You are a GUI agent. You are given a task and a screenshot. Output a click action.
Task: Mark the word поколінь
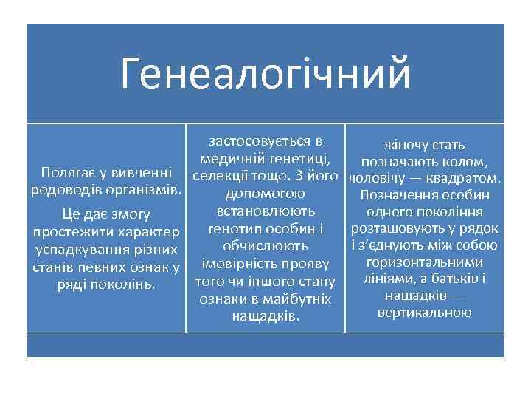coord(128,284)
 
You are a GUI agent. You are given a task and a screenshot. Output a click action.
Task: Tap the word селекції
coord(220,176)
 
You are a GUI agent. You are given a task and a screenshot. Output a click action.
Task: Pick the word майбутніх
coord(299,299)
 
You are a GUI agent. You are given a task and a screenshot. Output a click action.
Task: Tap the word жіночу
coord(403,145)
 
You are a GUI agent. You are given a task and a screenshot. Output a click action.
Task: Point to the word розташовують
coord(409,229)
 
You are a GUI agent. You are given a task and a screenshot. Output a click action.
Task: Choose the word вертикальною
coord(423,313)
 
